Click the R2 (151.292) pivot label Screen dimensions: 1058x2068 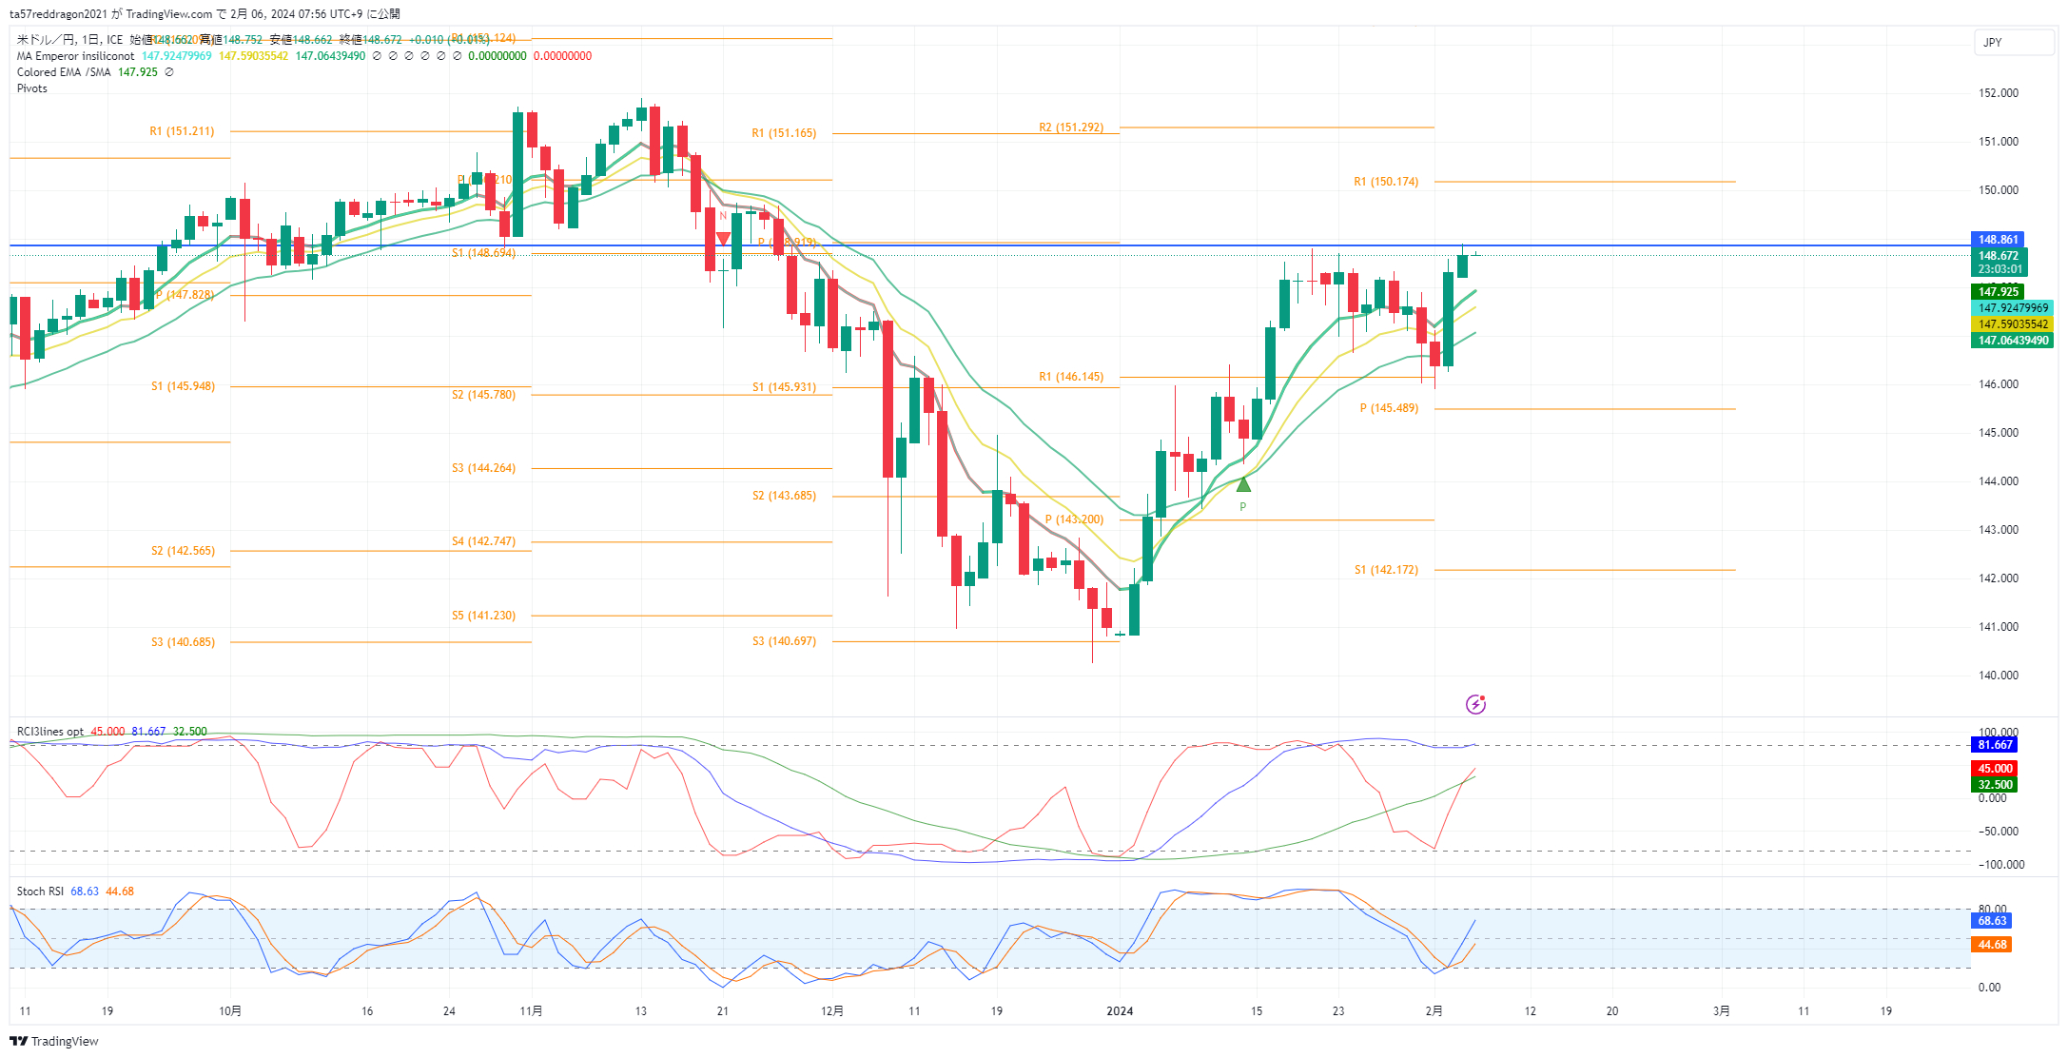tap(1071, 127)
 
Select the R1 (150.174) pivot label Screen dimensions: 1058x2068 tap(1386, 182)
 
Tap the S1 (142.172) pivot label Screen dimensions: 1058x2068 tap(1386, 570)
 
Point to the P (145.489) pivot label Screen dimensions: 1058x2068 tap(1389, 408)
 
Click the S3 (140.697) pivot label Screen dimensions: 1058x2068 tap(784, 641)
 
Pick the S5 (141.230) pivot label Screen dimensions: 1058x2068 tap(483, 616)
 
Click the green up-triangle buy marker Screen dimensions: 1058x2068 tap(1243, 485)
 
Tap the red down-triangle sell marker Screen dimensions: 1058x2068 tap(723, 238)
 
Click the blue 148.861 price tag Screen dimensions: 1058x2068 tap(1998, 240)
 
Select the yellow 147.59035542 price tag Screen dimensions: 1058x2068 tap(2013, 324)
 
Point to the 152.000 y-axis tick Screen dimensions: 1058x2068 tap(1999, 93)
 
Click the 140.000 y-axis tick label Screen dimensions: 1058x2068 tap(1999, 676)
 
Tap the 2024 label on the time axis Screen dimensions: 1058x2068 tap(1120, 1011)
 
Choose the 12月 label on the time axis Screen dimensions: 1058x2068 tap(832, 1011)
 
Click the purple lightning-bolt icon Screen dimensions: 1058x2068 tap(1475, 704)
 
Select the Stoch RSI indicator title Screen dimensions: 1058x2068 tap(40, 891)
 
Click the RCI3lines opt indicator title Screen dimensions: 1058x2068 tap(50, 732)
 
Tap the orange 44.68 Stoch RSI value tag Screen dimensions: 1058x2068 tap(1992, 945)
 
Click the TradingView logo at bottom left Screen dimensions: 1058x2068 tap(54, 1041)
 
